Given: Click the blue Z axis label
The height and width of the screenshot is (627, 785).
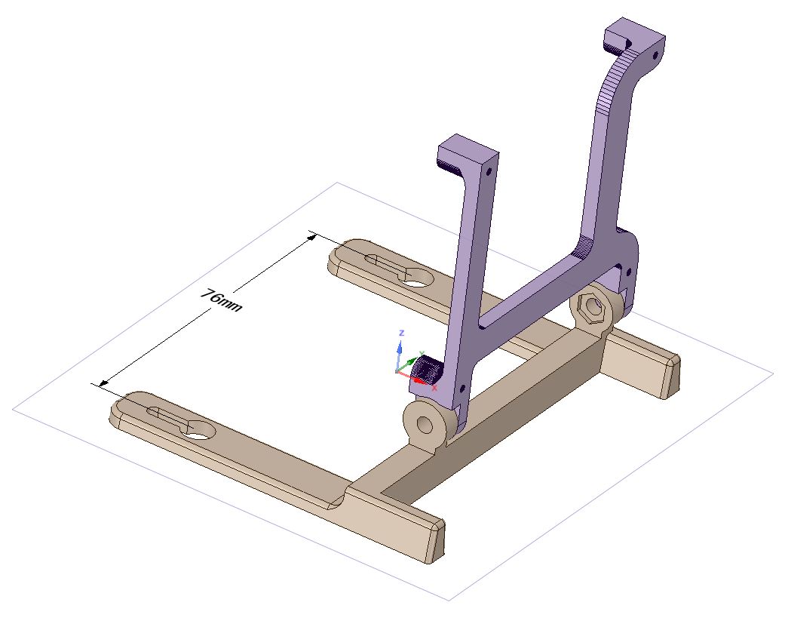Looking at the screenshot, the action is point(401,333).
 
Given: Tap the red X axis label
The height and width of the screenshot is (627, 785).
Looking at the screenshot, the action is point(434,388).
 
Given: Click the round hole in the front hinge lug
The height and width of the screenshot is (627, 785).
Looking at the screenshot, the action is point(425,425).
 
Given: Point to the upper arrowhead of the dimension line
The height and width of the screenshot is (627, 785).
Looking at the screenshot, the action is point(312,236).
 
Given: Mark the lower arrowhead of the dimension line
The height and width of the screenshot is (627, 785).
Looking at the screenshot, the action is point(103,383).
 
